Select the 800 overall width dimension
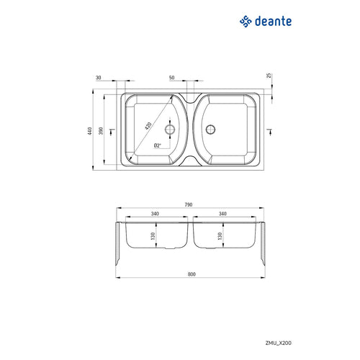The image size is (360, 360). point(190,274)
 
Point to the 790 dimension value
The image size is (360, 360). point(189,204)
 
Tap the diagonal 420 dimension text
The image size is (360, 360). point(148,125)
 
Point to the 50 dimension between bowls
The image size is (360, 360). point(171,77)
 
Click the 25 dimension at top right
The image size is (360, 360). point(268,76)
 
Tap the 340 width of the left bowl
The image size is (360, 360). point(155,213)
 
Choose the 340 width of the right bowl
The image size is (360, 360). point(222,213)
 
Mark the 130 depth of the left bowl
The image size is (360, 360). point(154,235)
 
